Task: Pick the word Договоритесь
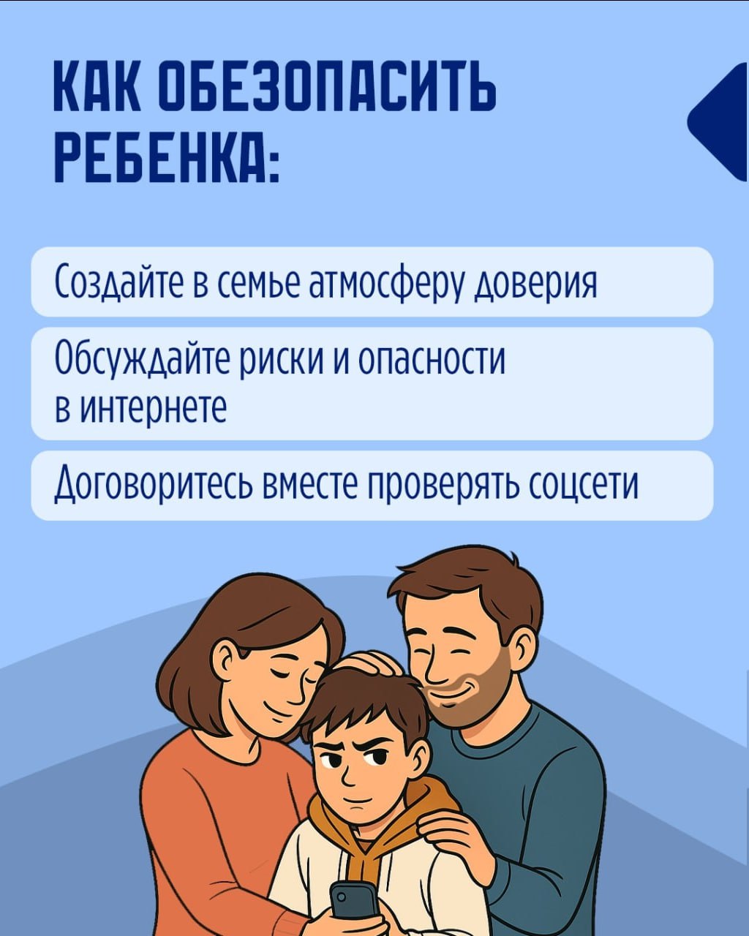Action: click(154, 485)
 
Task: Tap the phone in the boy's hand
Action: click(353, 899)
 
